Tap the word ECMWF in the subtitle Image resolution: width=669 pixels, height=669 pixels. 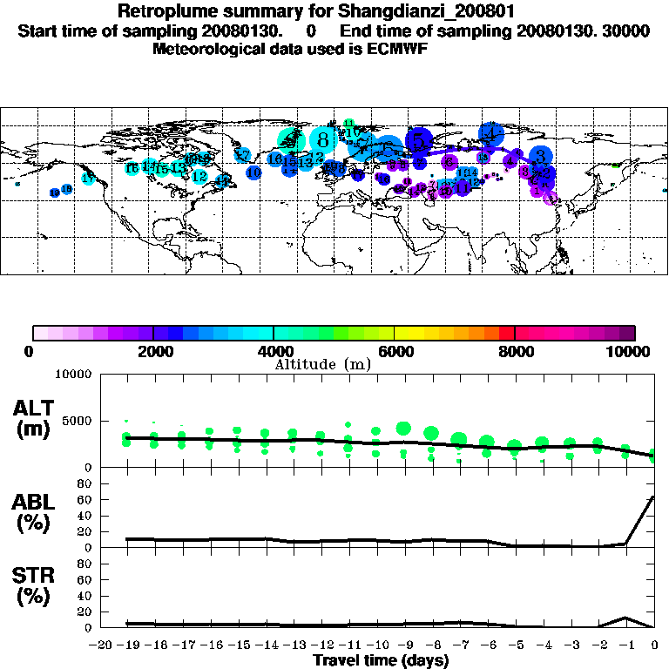coord(400,49)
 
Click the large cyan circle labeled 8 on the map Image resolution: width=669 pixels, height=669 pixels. coord(323,139)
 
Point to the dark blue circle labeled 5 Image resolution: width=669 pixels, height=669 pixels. coord(419,140)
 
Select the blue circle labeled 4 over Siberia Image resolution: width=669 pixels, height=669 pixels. coord(492,133)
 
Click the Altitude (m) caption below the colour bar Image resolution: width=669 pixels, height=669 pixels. coord(323,364)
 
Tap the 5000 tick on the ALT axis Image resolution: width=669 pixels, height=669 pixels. coord(78,422)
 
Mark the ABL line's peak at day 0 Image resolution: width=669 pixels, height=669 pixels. coord(654,497)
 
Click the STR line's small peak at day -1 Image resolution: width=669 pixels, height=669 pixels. coord(626,618)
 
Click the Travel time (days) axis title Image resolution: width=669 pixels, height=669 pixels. coord(381,661)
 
